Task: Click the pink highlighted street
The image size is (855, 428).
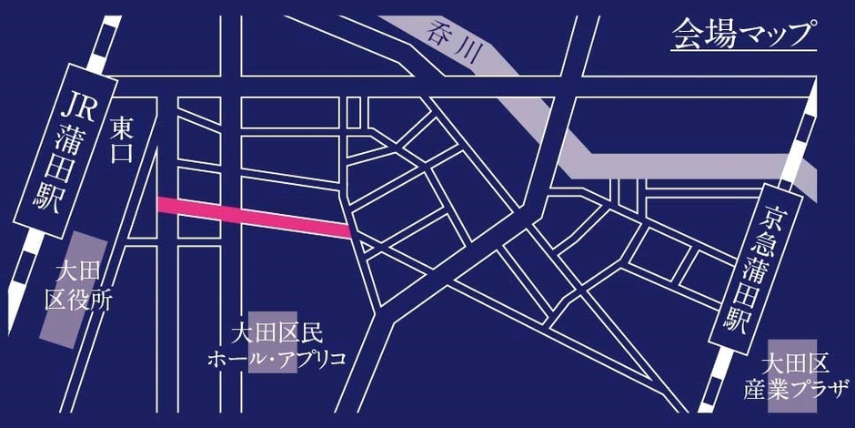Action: [x=256, y=217]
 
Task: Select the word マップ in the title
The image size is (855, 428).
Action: [x=768, y=34]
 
